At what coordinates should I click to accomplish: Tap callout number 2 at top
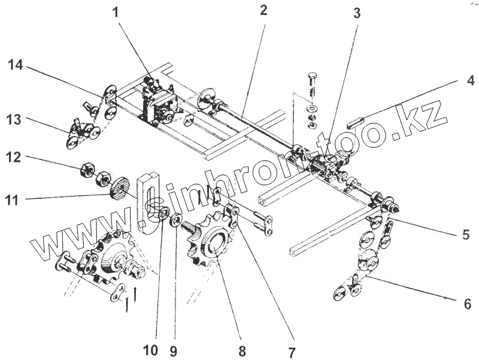click(x=263, y=10)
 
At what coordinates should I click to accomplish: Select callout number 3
click(x=357, y=13)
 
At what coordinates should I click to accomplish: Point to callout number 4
click(x=471, y=80)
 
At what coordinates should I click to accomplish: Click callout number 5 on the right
click(x=466, y=234)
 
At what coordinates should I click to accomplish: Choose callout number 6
click(x=468, y=304)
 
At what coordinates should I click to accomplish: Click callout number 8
click(x=242, y=351)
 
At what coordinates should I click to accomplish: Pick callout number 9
click(x=173, y=350)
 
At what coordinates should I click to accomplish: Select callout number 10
click(x=151, y=350)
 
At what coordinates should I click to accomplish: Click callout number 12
click(x=14, y=158)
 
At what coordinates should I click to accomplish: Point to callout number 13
click(x=14, y=119)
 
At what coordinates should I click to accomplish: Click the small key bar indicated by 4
click(x=356, y=124)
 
